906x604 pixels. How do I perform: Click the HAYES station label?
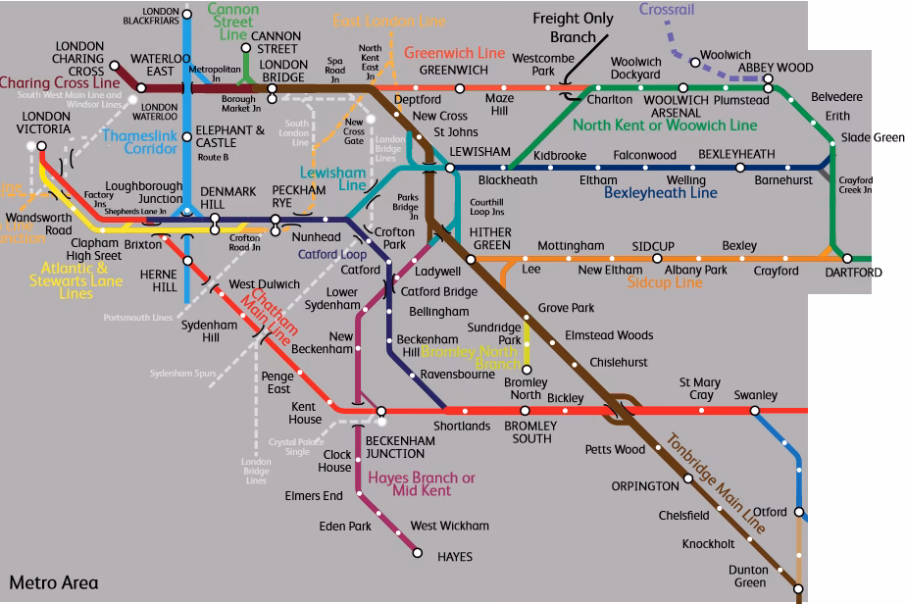point(454,557)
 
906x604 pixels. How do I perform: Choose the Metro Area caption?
point(54,582)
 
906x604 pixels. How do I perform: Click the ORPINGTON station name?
point(644,485)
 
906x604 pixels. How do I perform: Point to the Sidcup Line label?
point(665,282)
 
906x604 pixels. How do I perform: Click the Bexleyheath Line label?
point(660,193)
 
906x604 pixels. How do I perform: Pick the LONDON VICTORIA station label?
point(46,123)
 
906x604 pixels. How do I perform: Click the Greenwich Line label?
point(454,52)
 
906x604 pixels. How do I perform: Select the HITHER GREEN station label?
point(490,237)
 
